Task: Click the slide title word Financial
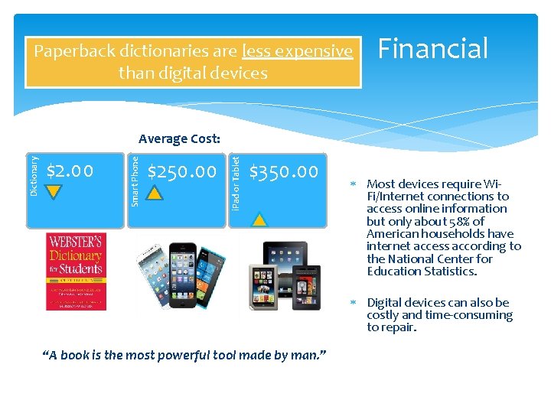(x=432, y=49)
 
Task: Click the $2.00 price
(x=70, y=170)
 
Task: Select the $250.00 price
(x=181, y=171)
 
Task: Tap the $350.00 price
(x=284, y=171)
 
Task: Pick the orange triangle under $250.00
(x=155, y=193)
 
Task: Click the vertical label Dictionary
(x=34, y=176)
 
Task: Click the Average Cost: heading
(x=179, y=139)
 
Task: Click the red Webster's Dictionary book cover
(x=76, y=271)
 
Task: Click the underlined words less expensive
(x=297, y=51)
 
